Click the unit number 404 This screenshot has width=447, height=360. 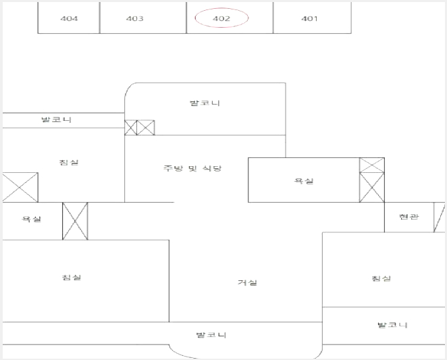point(69,19)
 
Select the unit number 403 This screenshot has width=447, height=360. point(135,19)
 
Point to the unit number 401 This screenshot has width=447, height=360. point(309,19)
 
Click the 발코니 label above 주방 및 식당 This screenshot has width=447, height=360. point(205,103)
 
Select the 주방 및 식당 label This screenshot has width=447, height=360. point(192,168)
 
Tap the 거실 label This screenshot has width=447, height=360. point(247,282)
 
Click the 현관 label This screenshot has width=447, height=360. point(409,217)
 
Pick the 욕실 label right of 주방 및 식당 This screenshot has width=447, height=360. point(304,181)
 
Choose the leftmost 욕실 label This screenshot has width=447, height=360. point(31,219)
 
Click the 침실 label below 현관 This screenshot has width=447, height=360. point(381,278)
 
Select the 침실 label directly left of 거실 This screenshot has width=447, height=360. point(72,278)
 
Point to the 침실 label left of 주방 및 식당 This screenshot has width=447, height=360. point(69,162)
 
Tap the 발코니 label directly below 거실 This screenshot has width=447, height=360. point(211,335)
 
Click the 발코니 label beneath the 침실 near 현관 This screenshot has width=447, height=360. point(392,325)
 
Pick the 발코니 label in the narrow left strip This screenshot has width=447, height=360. point(56,120)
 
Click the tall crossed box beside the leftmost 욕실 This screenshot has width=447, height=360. point(75,221)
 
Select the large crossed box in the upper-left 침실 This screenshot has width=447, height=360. point(20,187)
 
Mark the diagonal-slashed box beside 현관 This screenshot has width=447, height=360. point(439,217)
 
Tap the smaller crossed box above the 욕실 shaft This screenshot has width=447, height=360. point(372,165)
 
